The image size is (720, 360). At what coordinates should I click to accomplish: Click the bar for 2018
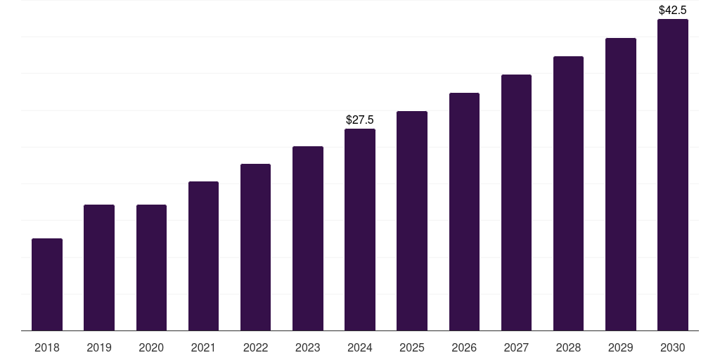[x=47, y=285]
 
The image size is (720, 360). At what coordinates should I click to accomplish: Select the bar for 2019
[x=99, y=268]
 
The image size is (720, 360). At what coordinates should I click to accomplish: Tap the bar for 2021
[x=203, y=256]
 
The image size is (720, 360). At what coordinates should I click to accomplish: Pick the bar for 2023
[x=308, y=238]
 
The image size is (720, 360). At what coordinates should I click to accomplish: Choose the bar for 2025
[x=412, y=221]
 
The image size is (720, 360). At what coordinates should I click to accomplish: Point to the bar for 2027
[x=516, y=202]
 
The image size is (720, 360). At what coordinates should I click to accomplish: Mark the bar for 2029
[x=621, y=184]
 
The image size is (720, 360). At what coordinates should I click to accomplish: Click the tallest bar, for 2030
[x=673, y=175]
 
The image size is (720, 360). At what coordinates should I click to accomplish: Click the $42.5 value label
[x=673, y=11]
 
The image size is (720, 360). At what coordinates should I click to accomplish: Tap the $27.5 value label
[x=360, y=120]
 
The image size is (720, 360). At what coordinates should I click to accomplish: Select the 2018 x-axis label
[x=47, y=347]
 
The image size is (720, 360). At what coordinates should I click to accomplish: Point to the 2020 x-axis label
[x=151, y=347]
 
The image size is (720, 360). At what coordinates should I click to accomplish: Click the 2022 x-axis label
[x=256, y=347]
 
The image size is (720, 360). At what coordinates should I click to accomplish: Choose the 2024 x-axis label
[x=360, y=347]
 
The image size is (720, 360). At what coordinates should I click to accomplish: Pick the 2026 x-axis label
[x=464, y=347]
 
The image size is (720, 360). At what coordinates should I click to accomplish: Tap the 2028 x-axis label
[x=568, y=347]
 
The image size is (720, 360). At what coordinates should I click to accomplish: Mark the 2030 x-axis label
[x=673, y=347]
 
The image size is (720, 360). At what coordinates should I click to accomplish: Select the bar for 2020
[x=151, y=268]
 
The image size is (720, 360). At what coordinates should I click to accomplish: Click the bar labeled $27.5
[x=360, y=230]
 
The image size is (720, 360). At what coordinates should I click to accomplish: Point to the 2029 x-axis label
[x=621, y=347]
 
